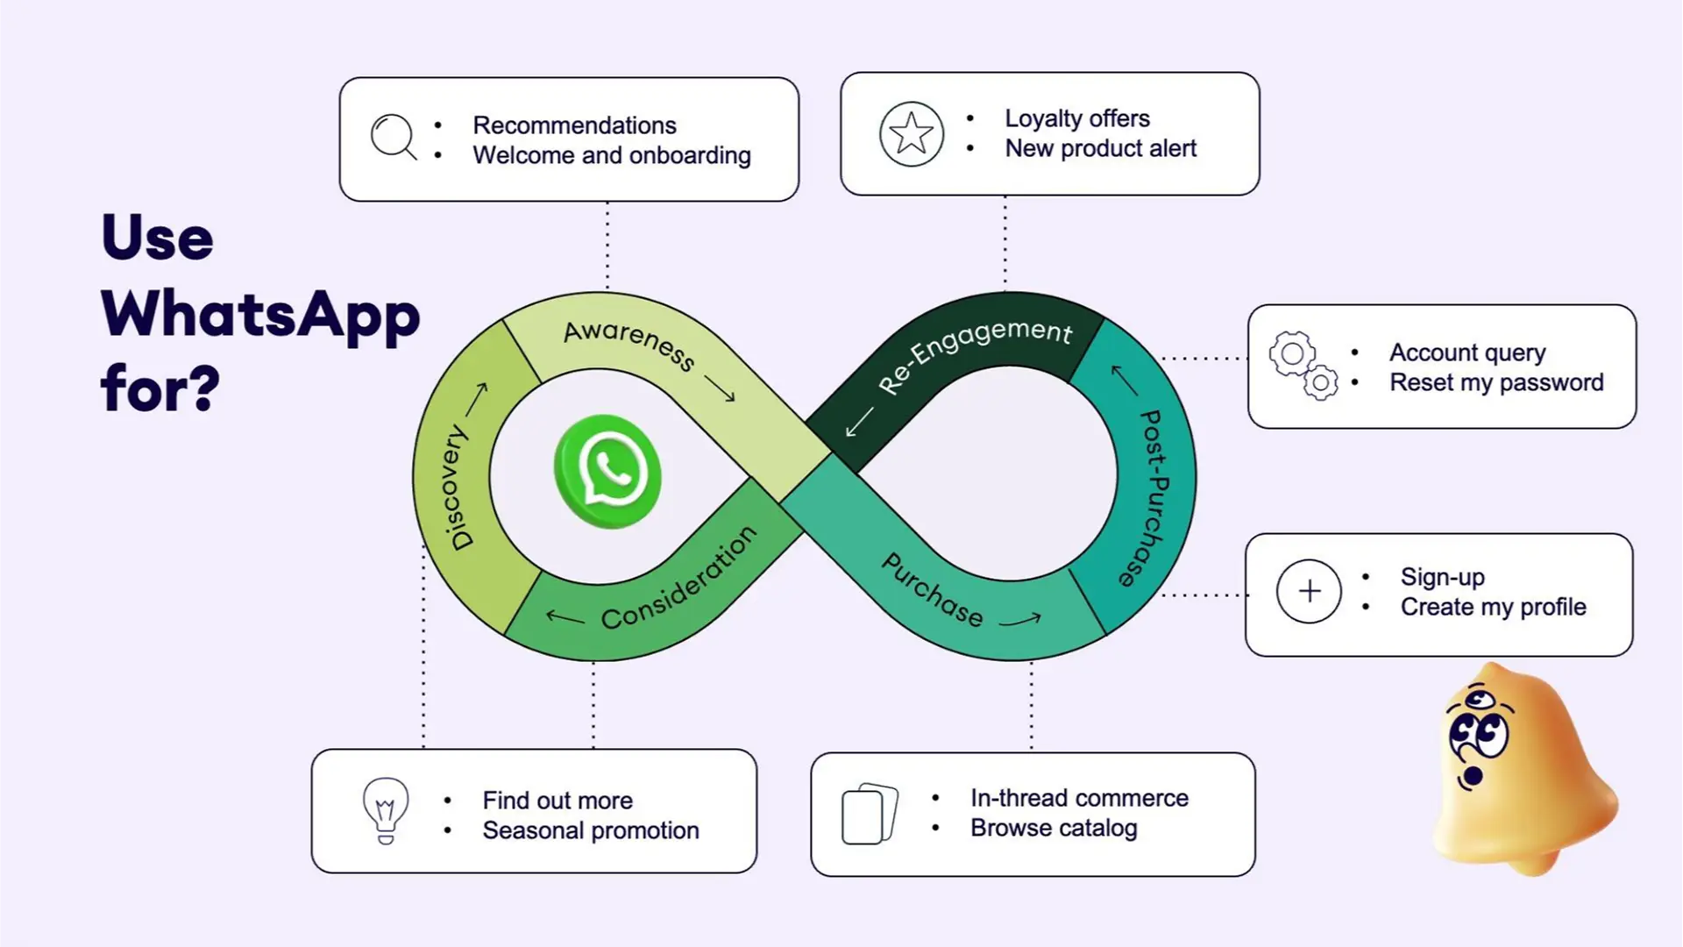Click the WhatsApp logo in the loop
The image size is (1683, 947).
tap(607, 471)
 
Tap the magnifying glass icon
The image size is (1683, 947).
tap(393, 137)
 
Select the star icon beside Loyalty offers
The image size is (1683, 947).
tap(912, 134)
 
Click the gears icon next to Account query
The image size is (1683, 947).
tap(1303, 366)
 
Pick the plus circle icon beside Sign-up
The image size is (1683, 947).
tap(1309, 592)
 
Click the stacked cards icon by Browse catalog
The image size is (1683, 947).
tap(870, 814)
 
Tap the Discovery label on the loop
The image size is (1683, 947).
tap(457, 488)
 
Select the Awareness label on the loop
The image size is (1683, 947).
tap(628, 344)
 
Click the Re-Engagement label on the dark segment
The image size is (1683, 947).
tap(975, 352)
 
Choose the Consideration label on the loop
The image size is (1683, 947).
tap(678, 578)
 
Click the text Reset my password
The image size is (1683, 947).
tap(1496, 382)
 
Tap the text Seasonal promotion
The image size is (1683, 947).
tap(591, 830)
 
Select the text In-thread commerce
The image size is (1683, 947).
tap(1079, 798)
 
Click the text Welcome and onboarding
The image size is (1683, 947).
tap(612, 155)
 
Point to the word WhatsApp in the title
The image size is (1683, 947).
tap(260, 314)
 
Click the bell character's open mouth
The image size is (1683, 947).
tap(1474, 776)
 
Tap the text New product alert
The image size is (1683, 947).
tap(1100, 148)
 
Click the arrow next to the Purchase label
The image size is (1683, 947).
tap(1020, 621)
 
